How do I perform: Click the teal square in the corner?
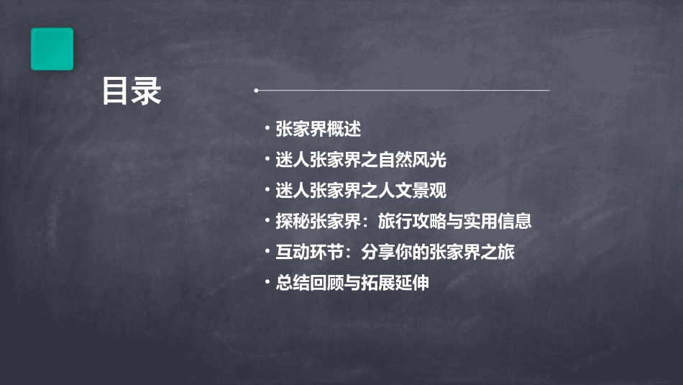pos(52,49)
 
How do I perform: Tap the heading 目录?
pos(132,91)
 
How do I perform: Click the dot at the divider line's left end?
pos(256,91)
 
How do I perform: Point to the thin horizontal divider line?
pos(403,91)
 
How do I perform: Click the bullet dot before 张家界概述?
pos(267,129)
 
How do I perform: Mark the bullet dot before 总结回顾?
pos(267,283)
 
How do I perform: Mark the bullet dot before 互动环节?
pos(267,252)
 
